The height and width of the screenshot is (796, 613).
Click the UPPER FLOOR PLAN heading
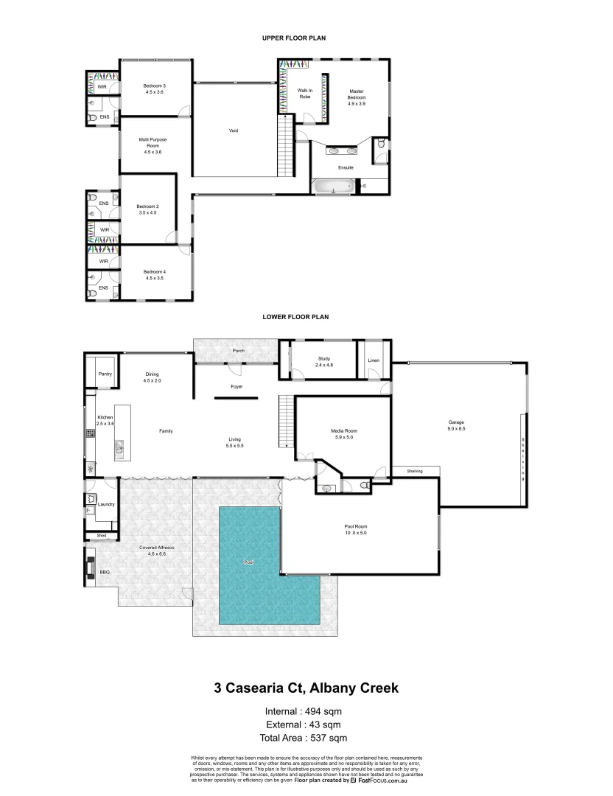(x=295, y=37)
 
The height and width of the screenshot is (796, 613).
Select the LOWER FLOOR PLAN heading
(x=295, y=317)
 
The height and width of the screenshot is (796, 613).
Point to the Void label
(x=234, y=131)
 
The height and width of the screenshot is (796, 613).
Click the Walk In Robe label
(x=304, y=94)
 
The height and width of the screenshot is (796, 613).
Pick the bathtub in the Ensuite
(x=334, y=187)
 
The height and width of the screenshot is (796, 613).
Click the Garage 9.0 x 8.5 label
(x=456, y=425)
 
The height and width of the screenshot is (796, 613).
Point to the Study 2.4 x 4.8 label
(x=324, y=362)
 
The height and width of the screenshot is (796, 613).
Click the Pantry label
(x=105, y=374)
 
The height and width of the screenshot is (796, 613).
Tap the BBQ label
(x=105, y=571)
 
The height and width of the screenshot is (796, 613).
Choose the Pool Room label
(x=355, y=530)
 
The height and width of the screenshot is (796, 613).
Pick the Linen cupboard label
(x=373, y=360)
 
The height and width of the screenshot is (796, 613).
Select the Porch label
(x=238, y=351)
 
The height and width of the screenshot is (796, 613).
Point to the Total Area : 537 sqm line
(x=303, y=738)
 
